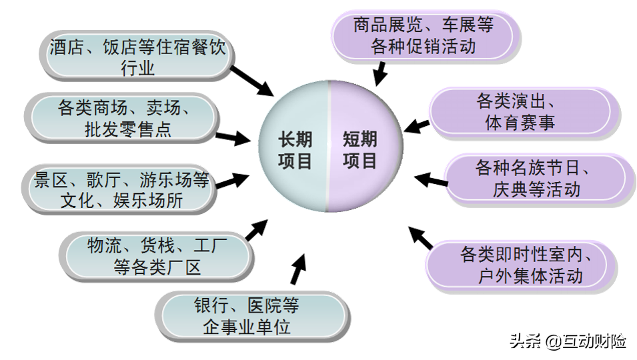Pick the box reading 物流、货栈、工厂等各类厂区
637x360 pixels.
click(157, 257)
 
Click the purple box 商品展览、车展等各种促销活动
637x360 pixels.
click(423, 36)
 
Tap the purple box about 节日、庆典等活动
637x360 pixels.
click(534, 179)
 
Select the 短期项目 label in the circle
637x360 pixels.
click(360, 150)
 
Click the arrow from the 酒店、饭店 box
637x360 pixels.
click(254, 79)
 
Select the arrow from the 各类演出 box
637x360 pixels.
click(418, 125)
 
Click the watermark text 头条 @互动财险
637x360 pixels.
click(569, 342)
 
